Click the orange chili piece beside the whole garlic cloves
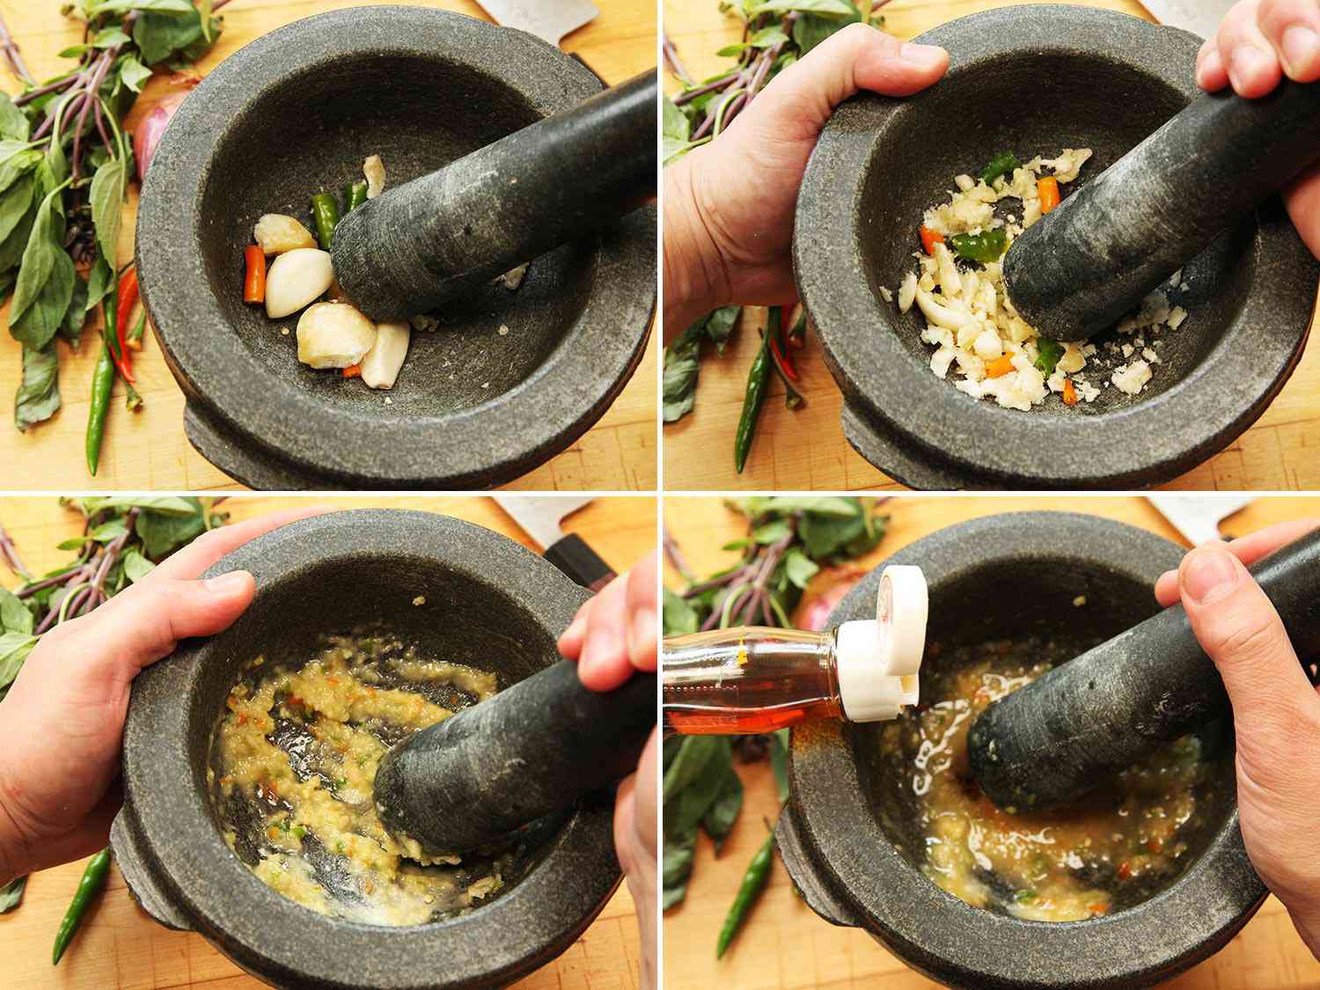[x=253, y=274]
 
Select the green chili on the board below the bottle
[x=744, y=889]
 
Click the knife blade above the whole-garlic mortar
[x=537, y=13]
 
